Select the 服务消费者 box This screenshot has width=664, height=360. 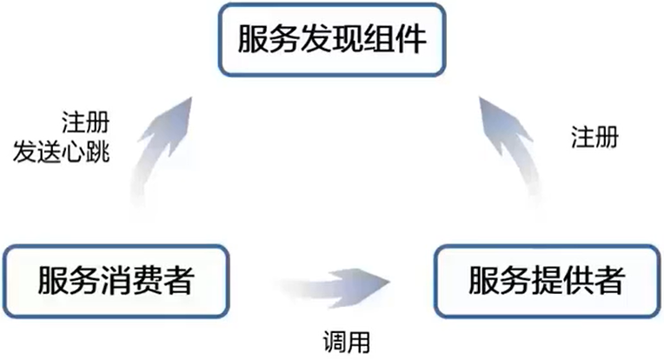click(x=116, y=281)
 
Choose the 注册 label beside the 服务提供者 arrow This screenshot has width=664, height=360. click(x=594, y=137)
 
